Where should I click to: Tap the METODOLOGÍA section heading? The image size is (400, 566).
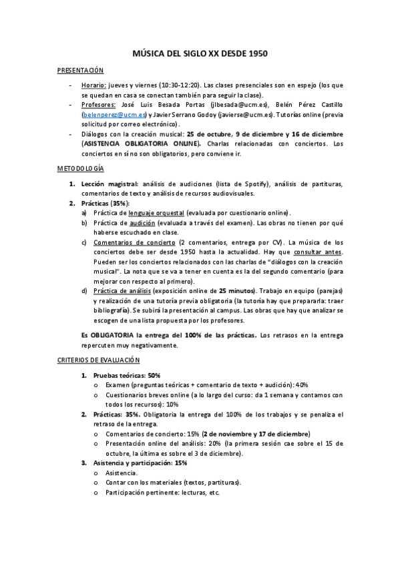tap(80, 170)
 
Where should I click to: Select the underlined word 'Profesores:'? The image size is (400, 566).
tap(99, 105)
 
